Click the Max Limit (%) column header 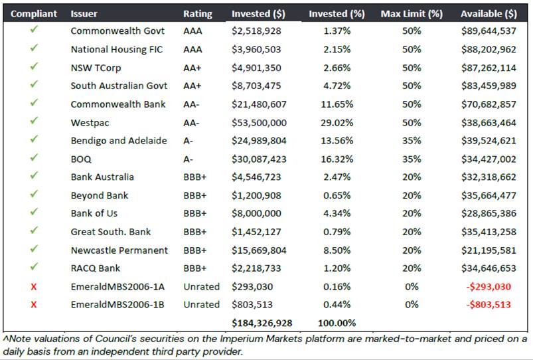click(411, 13)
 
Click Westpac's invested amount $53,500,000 click(256, 123)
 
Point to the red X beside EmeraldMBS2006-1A click(34, 286)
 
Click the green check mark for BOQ click(34, 159)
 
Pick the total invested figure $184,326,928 click(262, 323)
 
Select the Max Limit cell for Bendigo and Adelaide click(411, 141)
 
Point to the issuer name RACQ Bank click(95, 268)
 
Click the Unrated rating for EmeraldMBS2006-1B click(201, 304)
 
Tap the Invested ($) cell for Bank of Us click(256, 213)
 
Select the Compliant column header click(34, 13)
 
